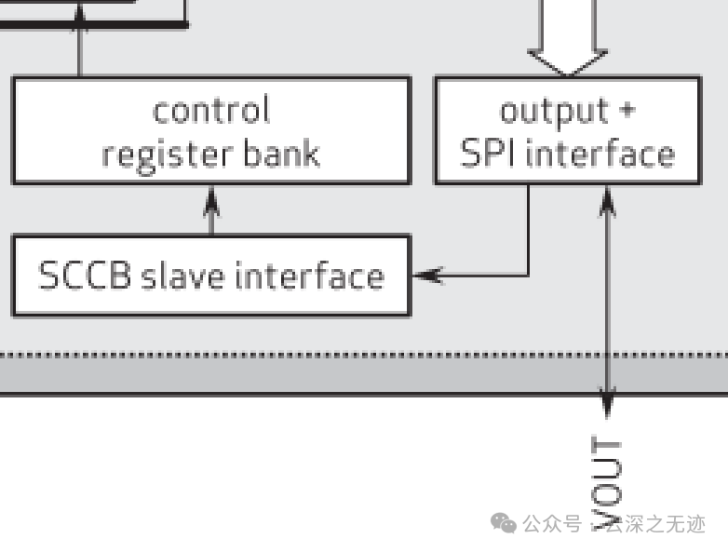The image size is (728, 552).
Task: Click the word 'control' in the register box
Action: (x=211, y=111)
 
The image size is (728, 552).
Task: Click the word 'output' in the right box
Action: (x=541, y=111)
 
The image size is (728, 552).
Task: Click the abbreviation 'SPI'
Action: (x=490, y=154)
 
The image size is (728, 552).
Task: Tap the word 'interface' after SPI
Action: (x=600, y=154)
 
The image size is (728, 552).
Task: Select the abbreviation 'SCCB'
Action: (x=84, y=276)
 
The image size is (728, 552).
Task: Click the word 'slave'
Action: (x=182, y=276)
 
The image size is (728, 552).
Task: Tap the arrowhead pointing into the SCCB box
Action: (x=426, y=276)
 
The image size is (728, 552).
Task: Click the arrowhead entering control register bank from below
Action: (x=211, y=197)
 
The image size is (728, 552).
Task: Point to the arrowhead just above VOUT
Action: (x=607, y=404)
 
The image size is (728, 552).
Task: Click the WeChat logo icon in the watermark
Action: (x=504, y=524)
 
